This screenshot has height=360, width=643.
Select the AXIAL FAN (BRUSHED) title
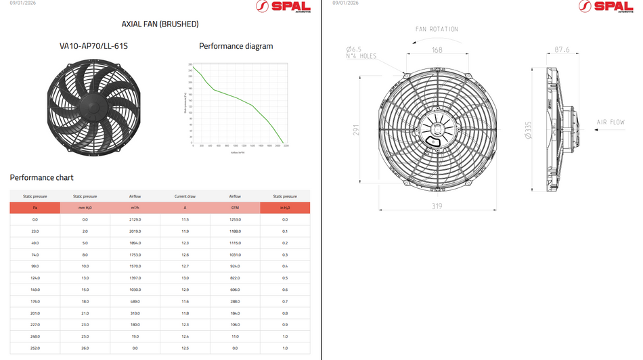pos(160,24)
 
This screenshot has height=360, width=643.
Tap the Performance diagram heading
pos(236,47)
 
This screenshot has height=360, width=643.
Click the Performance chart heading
pos(41,178)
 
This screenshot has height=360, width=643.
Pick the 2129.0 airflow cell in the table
pos(135,220)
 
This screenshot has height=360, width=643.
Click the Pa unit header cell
pos(35,208)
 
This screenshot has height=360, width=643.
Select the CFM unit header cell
pos(235,208)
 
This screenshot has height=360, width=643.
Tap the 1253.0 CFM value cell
pos(235,220)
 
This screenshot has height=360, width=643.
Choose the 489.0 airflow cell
pos(135,302)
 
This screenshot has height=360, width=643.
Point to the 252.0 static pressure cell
pos(35,348)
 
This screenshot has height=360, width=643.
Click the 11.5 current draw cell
pos(185,220)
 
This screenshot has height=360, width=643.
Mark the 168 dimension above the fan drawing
pos(437,50)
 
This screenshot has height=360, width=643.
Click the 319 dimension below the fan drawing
pos(437,206)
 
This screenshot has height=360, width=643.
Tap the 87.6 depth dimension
pos(561,50)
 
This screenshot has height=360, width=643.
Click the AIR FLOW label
pos(610,122)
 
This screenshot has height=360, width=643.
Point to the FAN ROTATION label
pos(437,29)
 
